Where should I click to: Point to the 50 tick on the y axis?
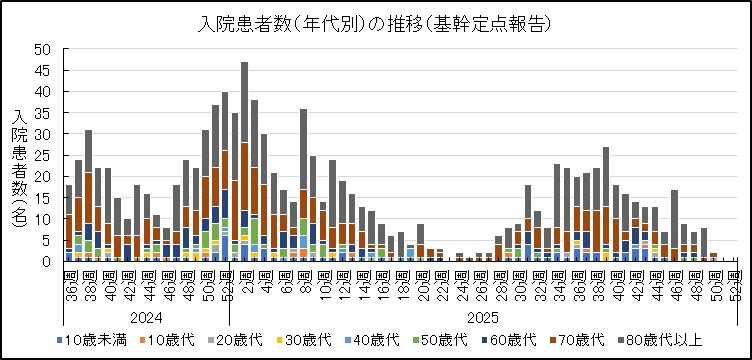[x=44, y=49]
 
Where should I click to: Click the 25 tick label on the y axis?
[x=44, y=155]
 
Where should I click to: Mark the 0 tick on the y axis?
[x=48, y=262]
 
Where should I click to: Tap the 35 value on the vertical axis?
[x=44, y=113]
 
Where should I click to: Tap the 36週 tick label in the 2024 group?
[x=69, y=279]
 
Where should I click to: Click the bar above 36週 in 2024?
[x=69, y=223]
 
